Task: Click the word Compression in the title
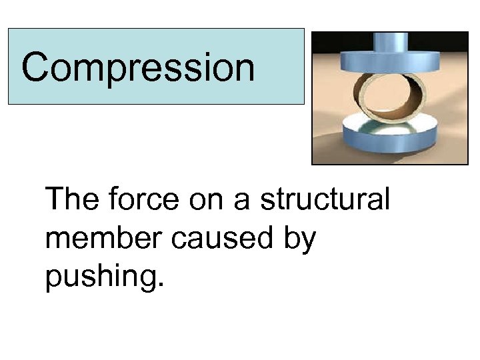(138, 67)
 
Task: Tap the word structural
(325, 200)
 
